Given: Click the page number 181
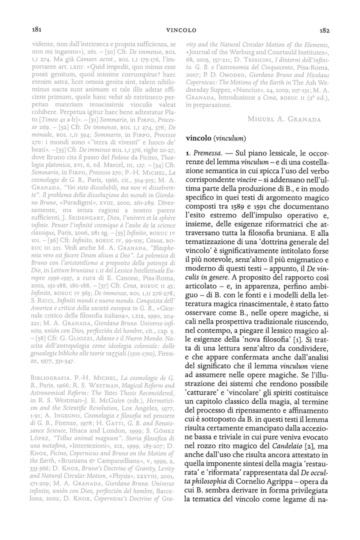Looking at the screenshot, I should (36, 29).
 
